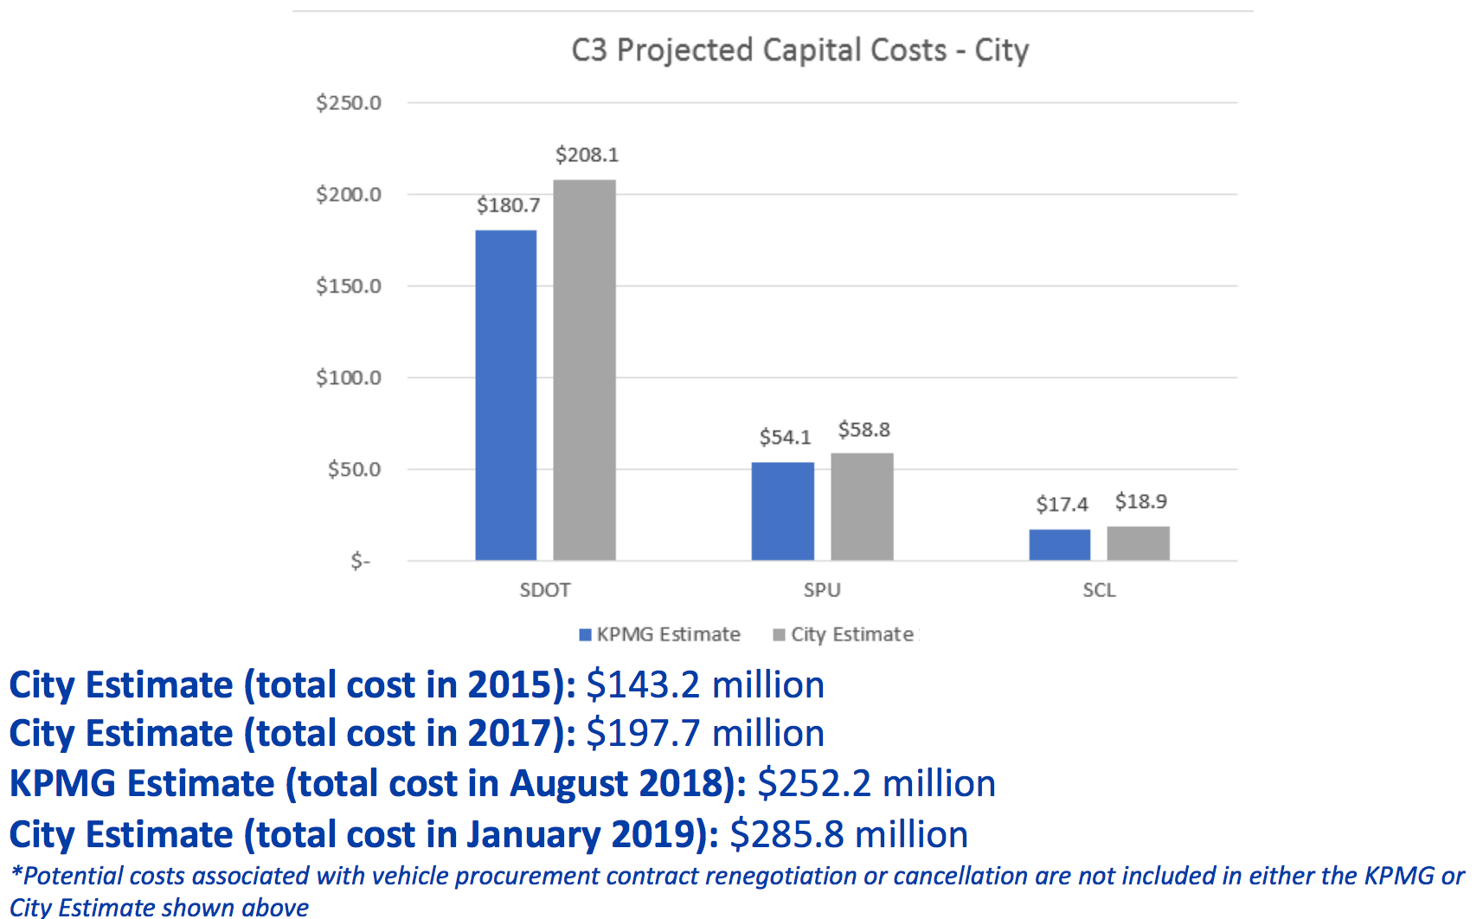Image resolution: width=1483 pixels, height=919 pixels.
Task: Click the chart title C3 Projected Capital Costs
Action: click(799, 50)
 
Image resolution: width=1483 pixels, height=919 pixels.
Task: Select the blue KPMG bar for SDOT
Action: click(505, 395)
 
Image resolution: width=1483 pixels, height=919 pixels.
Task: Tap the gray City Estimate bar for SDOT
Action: click(584, 370)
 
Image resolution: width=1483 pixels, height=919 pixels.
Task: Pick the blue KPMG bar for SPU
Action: click(782, 511)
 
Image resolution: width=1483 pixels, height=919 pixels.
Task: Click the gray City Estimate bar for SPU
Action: click(862, 506)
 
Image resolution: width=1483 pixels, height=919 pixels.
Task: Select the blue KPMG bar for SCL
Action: click(1059, 544)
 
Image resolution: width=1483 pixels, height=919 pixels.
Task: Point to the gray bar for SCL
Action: click(1138, 543)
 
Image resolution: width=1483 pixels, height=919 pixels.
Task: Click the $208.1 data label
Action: click(587, 155)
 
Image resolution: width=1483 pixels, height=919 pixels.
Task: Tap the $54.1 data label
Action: click(785, 437)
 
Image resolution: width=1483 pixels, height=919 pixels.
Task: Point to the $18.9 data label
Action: click(1140, 502)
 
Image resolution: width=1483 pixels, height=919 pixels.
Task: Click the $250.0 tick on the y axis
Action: click(348, 103)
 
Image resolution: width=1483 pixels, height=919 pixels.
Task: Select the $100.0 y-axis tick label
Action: click(348, 377)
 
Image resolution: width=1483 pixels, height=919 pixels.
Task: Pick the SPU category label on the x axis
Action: click(821, 590)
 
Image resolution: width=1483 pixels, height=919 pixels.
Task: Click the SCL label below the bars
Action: click(1099, 590)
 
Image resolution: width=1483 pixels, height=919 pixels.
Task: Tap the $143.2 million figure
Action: click(704, 684)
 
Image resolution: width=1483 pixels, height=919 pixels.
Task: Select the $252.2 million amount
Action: click(876, 783)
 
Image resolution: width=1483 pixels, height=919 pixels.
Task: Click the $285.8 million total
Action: click(848, 834)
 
